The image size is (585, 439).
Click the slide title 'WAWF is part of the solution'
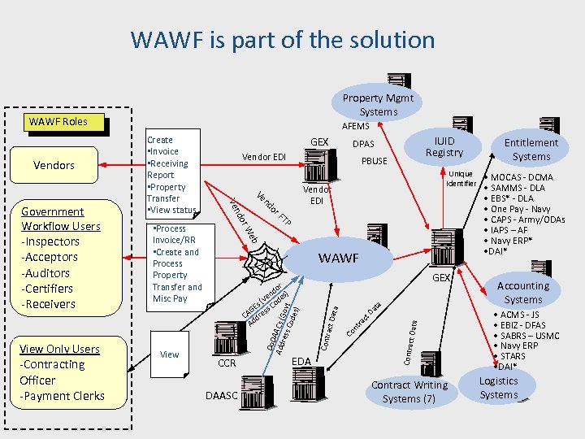pos(283,39)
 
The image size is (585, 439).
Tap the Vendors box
pos(54,165)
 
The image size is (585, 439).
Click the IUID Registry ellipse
pos(444,147)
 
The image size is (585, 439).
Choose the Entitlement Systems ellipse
pos(531,150)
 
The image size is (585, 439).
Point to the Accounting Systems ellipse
pos(523,293)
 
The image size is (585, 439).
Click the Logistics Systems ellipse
pos(499,388)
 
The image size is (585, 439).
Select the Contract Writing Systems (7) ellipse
pos(409,392)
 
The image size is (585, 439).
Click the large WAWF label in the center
pos(339,258)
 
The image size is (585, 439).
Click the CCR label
pos(227,363)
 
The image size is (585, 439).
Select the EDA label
pos(301,360)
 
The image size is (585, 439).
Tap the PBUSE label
pos(374,161)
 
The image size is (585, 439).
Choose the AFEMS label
pos(355,126)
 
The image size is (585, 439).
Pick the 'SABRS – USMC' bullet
pos(531,336)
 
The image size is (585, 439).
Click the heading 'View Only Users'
pos(61,349)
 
